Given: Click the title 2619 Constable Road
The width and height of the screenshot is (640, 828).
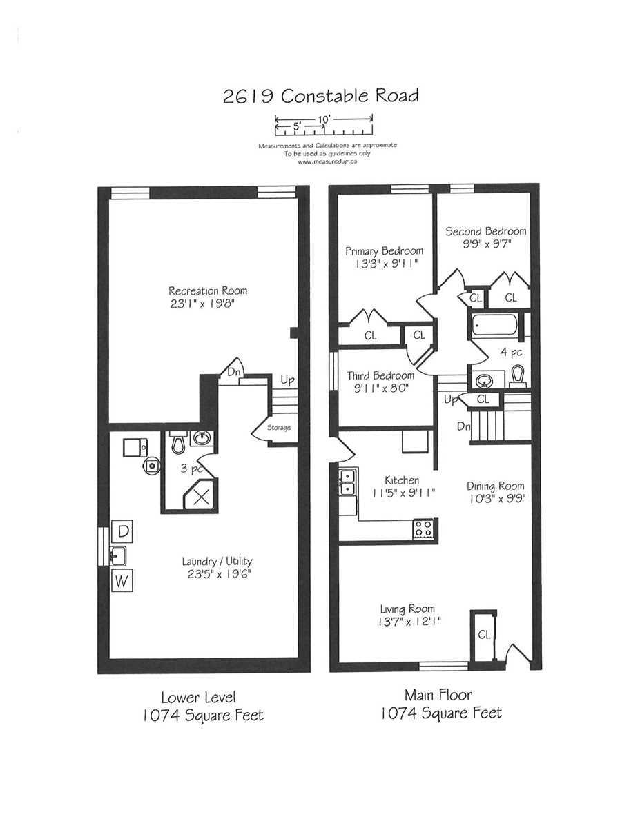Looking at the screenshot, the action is tap(320, 96).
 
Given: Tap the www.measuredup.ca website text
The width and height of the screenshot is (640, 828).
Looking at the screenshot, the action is tap(327, 161).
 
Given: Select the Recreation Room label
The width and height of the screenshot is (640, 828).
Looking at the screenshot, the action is tap(208, 291).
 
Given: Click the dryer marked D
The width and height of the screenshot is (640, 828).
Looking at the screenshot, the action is tap(122, 531).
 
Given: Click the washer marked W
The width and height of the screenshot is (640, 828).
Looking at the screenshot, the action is tap(122, 580).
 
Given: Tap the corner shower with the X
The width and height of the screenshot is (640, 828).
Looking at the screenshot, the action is tap(201, 495).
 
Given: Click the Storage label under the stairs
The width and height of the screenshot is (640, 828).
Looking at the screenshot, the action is tap(279, 428).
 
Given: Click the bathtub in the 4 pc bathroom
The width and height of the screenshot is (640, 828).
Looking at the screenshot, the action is tap(495, 324).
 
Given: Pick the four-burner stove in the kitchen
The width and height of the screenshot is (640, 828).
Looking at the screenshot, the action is tap(423, 529).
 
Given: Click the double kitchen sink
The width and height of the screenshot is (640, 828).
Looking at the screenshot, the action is tap(348, 482).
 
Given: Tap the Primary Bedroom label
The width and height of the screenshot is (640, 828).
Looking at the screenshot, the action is tap(385, 251).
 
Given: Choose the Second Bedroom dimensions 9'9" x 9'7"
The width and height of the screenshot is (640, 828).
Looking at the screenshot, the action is tap(487, 244).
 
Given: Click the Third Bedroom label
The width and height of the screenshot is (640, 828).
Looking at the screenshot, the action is tap(380, 376).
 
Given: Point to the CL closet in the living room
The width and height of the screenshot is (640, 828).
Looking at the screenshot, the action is tap(484, 634).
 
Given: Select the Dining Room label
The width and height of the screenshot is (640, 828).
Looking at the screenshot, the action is tap(495, 486).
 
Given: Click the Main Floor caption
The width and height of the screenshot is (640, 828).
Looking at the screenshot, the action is tap(438, 695).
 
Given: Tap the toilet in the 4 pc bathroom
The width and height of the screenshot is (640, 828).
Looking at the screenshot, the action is tap(517, 377).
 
